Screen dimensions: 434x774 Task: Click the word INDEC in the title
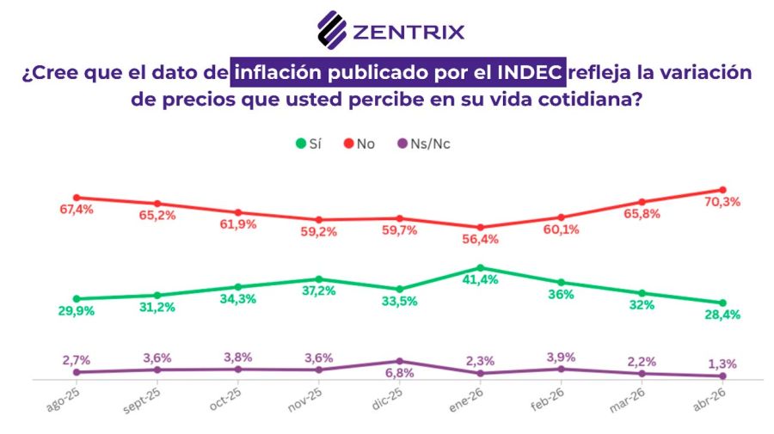click(533, 72)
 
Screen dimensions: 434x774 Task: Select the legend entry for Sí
click(309, 144)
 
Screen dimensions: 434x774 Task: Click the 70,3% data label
click(722, 203)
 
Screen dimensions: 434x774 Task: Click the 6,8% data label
click(399, 373)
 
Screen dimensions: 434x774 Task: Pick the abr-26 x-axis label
click(712, 399)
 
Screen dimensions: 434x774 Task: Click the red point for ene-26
click(480, 227)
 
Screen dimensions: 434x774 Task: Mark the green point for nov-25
click(319, 279)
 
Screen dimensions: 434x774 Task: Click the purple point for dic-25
click(399, 361)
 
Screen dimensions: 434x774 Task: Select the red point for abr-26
click(722, 190)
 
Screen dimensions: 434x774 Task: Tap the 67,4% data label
click(77, 210)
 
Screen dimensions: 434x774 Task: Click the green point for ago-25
click(77, 298)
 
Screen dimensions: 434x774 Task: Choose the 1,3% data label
click(722, 364)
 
